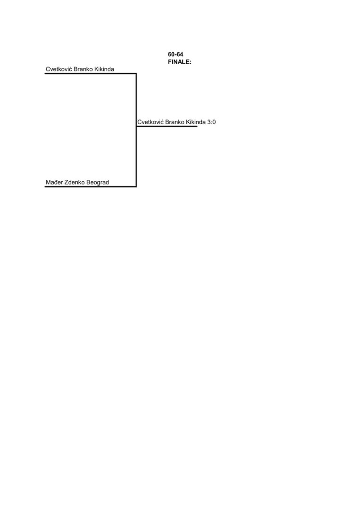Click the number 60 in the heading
(171, 54)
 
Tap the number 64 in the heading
(180, 54)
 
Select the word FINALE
(179, 62)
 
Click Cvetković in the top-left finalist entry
(59, 69)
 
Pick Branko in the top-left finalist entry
(83, 69)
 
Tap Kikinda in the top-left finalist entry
(104, 69)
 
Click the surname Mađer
(54, 182)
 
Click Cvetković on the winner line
(151, 122)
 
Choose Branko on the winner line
(175, 122)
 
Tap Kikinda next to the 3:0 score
(196, 122)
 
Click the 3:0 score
(211, 122)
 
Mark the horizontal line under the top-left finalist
(90, 74)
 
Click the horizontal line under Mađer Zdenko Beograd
(90, 187)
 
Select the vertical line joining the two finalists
(136, 130)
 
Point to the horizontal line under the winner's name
(167, 126)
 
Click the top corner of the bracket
(136, 74)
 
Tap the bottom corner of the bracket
(136, 187)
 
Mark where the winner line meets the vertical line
(136, 126)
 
